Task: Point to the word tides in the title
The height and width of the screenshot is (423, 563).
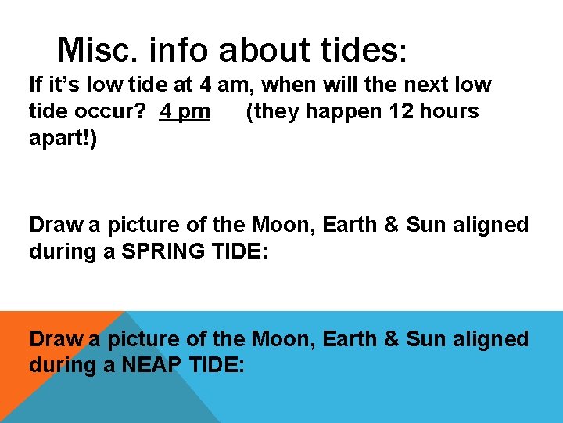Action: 364,50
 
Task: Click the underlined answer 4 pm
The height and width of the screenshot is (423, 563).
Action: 185,112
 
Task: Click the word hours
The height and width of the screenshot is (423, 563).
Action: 449,111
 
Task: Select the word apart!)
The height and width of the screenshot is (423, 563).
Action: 63,140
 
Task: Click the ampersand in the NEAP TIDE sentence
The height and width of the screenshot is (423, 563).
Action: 390,339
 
